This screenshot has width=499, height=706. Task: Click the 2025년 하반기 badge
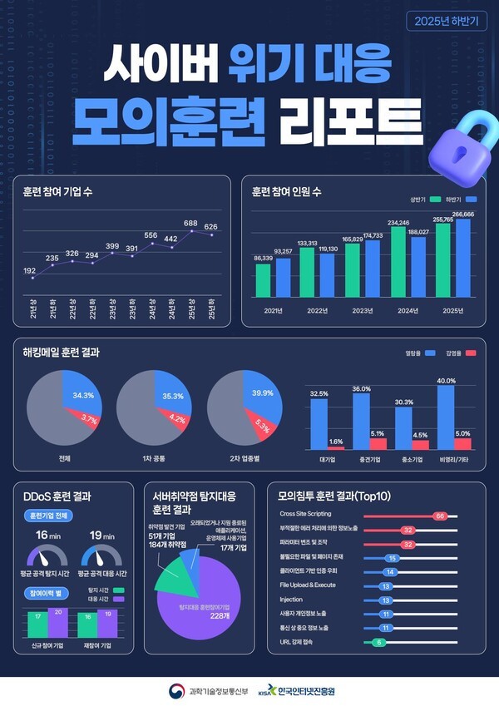point(447,22)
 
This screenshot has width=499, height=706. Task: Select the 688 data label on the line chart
point(190,224)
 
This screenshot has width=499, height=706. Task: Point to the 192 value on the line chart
point(29,270)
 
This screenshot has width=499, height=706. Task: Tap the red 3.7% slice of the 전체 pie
point(84,422)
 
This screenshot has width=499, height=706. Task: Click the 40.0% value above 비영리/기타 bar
point(446,380)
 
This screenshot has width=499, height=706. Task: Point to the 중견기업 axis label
point(361,458)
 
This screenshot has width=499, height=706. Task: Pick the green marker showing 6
point(379,643)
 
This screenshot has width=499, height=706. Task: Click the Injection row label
point(291,599)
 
